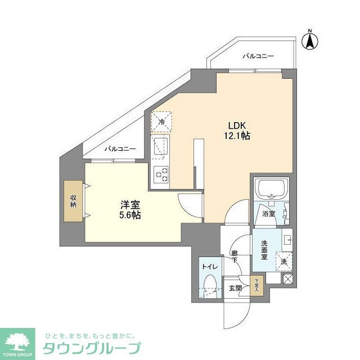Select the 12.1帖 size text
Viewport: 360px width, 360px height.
tap(238, 136)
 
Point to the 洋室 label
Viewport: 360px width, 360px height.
tap(128, 205)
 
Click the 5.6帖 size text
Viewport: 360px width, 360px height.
tap(128, 215)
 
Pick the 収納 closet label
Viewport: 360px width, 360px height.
tap(73, 200)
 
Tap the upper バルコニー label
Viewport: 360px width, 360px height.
tap(258, 56)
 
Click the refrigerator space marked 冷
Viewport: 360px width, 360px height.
tap(162, 121)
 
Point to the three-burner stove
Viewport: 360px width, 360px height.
tap(161, 174)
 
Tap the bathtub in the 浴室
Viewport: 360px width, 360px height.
tap(271, 190)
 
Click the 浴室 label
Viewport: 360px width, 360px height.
tap(268, 214)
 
